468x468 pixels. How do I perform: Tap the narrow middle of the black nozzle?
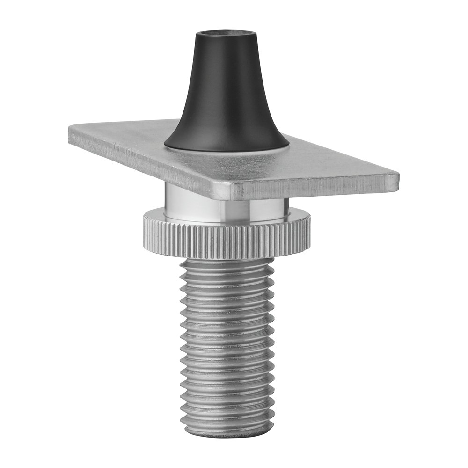click(226, 84)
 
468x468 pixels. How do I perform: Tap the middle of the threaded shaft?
click(227, 346)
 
